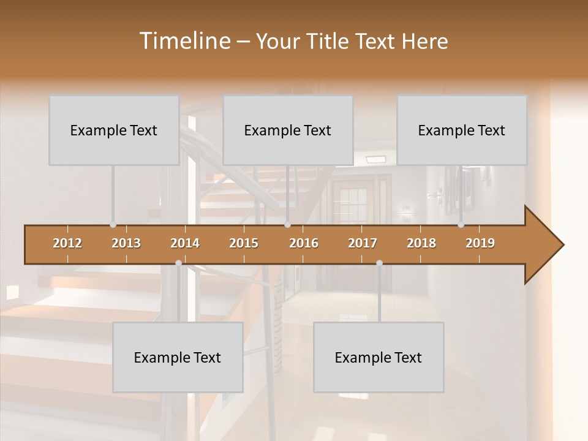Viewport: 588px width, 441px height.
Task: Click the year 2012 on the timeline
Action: click(67, 243)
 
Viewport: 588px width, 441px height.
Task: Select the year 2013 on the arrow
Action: click(126, 243)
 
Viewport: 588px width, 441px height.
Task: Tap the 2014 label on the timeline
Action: click(185, 243)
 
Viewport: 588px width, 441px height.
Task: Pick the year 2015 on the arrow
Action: click(244, 243)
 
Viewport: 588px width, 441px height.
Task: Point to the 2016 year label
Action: click(304, 243)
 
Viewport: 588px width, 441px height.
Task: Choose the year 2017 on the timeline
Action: click(363, 243)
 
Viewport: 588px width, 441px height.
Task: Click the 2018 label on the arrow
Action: click(421, 243)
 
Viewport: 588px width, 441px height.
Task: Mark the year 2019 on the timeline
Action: click(480, 243)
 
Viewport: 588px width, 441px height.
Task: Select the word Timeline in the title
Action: click(183, 41)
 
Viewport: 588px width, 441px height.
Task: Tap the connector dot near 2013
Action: click(113, 225)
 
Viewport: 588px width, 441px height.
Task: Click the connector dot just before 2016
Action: click(287, 225)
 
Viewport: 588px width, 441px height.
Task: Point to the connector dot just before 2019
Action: click(461, 225)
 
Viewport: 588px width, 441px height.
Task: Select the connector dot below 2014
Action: click(178, 263)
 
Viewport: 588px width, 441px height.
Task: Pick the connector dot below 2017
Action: click(379, 263)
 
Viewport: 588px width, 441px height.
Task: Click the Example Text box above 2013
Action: click(114, 130)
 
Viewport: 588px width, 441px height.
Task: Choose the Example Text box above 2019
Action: click(462, 130)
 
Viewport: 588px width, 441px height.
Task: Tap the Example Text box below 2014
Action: click(178, 357)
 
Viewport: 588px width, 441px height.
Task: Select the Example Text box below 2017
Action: click(379, 357)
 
